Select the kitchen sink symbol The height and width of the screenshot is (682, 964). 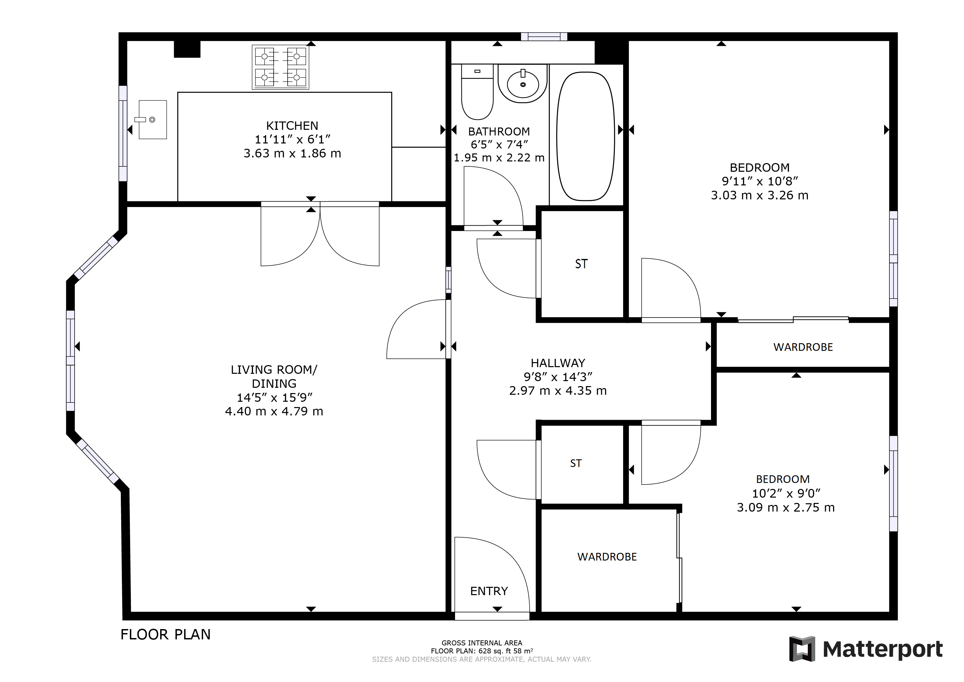[x=152, y=120]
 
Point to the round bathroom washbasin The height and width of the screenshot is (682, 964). [x=522, y=84]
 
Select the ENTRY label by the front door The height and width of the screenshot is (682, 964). [x=489, y=591]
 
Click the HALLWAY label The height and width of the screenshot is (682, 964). [x=558, y=363]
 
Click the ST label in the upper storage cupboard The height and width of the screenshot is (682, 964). [x=581, y=264]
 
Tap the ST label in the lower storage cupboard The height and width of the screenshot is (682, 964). [x=576, y=463]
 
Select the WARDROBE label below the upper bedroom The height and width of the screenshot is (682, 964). [x=803, y=347]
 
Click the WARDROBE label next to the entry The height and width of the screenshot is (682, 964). [x=607, y=557]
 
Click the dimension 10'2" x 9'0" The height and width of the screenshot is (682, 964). [x=786, y=493]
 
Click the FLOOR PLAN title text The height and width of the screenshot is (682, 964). [x=165, y=634]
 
